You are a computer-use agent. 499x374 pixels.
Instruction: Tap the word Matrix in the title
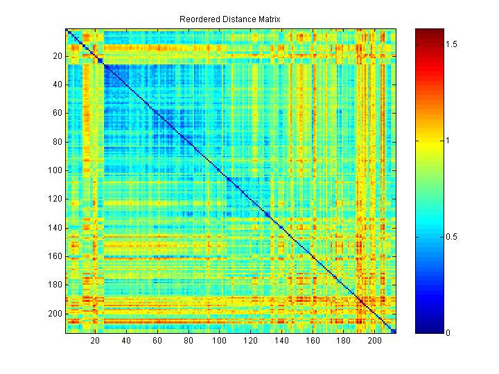point(267,19)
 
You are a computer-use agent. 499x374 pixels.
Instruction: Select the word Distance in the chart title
point(236,19)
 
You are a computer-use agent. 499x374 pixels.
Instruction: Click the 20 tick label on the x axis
point(95,341)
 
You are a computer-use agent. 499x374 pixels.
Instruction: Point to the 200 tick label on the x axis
point(374,341)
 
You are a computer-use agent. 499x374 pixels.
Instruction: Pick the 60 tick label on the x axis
point(157,341)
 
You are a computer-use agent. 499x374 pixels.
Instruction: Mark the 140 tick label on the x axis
point(281,341)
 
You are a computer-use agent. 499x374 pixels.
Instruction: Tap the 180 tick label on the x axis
point(343,341)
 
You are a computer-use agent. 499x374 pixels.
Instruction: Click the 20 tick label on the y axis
point(57,56)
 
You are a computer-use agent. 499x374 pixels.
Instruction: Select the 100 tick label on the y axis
point(55,170)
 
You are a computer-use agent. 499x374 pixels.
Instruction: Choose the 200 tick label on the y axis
point(55,313)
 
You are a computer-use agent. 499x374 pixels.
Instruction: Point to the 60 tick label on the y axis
point(57,113)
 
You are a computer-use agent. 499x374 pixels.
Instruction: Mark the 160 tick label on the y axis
point(55,256)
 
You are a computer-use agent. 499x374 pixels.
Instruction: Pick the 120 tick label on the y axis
point(55,199)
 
